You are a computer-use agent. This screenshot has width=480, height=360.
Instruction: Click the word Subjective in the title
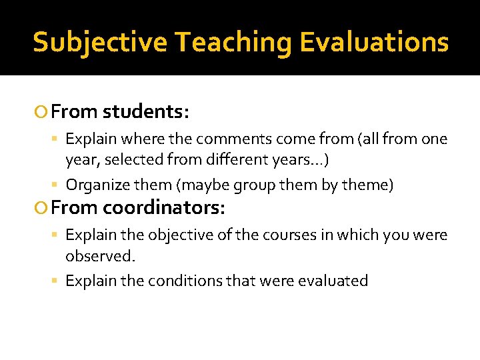pos(100,42)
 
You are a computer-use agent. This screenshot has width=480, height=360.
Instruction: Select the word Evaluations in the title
pos(374,42)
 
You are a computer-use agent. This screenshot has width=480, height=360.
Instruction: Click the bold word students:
pos(147,112)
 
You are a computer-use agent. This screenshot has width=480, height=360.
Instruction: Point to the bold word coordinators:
pos(164,209)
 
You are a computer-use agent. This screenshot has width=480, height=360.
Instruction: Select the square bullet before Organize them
pos(57,185)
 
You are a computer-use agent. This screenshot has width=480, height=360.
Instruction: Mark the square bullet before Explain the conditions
pos(57,281)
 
